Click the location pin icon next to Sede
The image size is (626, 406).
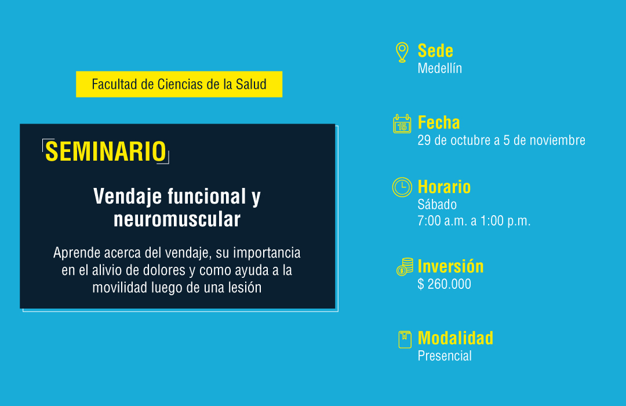[x=402, y=52]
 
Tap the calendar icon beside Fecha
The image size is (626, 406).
[x=402, y=124]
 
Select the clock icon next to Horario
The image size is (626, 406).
[x=402, y=187]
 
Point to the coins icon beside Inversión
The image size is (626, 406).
[x=405, y=267]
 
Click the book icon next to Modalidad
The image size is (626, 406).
[x=405, y=339]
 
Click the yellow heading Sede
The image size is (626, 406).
[x=435, y=51]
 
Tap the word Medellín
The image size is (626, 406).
[x=439, y=68]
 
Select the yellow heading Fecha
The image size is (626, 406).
[x=438, y=123]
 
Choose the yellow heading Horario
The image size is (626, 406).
[x=444, y=187]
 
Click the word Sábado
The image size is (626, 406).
[x=437, y=205]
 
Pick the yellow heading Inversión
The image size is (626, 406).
[x=450, y=267]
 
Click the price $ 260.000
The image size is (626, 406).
[x=445, y=284]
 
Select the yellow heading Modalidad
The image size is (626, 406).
[x=455, y=339]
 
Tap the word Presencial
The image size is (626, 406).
[x=445, y=356]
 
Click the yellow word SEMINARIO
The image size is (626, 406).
[x=105, y=151]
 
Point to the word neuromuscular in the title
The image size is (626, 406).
[x=177, y=219]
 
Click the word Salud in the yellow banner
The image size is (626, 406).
[x=251, y=84]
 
